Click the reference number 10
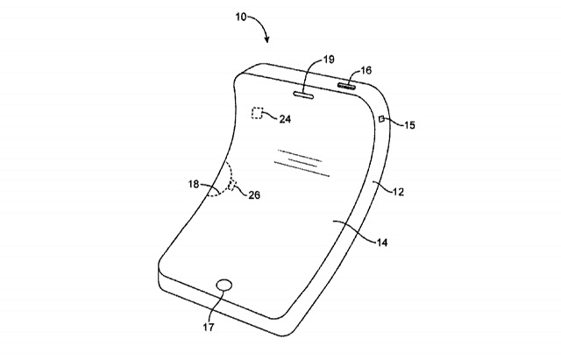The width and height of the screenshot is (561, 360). [241, 17]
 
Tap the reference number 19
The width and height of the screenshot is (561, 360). [329, 59]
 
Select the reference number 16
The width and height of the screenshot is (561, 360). [366, 70]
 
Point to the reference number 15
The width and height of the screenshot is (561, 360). [409, 125]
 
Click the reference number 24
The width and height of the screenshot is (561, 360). [285, 119]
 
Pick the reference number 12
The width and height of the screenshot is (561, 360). [398, 192]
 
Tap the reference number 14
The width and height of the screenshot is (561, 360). [382, 243]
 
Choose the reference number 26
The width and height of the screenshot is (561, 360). [254, 194]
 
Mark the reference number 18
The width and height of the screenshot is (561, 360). [194, 184]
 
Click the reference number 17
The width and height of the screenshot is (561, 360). [209, 327]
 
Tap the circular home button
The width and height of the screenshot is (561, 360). [224, 286]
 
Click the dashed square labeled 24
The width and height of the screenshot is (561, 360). [257, 113]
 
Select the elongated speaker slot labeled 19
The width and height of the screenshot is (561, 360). [304, 95]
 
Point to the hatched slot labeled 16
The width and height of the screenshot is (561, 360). [347, 86]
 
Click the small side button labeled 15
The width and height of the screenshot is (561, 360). [382, 118]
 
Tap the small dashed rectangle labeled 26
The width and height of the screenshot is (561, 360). [231, 185]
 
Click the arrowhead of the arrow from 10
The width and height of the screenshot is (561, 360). [266, 39]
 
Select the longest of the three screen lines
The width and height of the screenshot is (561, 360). [302, 169]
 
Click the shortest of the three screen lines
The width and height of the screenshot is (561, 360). [304, 163]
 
